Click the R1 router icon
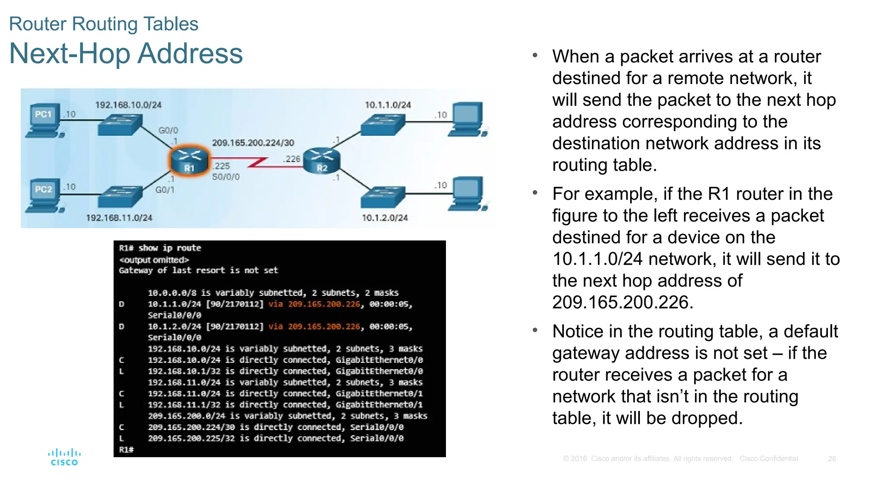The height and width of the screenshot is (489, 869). pyautogui.click(x=189, y=160)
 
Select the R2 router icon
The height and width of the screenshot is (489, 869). pyautogui.click(x=322, y=160)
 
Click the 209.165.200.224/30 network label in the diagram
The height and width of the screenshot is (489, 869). pyautogui.click(x=253, y=143)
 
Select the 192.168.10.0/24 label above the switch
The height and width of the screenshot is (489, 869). pyautogui.click(x=128, y=105)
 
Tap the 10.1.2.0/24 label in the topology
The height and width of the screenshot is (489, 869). pyautogui.click(x=384, y=218)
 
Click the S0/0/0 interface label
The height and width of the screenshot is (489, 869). pyautogui.click(x=226, y=177)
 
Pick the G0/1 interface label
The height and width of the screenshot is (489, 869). pyautogui.click(x=165, y=190)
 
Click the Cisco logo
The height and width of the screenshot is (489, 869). pyautogui.click(x=64, y=457)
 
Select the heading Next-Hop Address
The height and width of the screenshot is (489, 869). pyautogui.click(x=126, y=54)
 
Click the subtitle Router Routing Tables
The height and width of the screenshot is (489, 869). pyautogui.click(x=104, y=24)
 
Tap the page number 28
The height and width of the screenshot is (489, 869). pyautogui.click(x=832, y=459)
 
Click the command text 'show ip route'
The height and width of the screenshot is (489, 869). pyautogui.click(x=170, y=248)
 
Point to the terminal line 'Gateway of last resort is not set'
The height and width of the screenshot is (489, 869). pyautogui.click(x=198, y=270)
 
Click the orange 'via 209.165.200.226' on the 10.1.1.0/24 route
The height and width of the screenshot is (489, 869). pyautogui.click(x=314, y=304)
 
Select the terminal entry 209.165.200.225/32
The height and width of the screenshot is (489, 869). pyautogui.click(x=191, y=438)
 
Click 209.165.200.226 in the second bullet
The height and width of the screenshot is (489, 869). pyautogui.click(x=622, y=302)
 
